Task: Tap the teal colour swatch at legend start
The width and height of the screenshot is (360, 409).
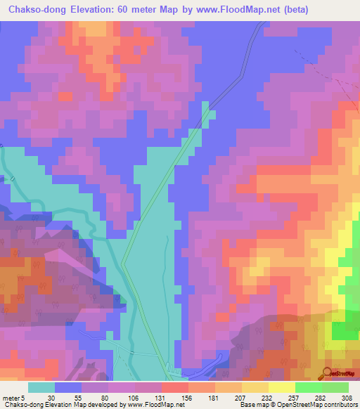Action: point(41,387)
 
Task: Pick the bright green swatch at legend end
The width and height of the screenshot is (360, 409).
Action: point(335,387)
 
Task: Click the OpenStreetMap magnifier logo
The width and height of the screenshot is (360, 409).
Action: point(328,372)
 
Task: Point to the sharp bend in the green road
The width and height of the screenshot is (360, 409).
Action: point(123,264)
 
